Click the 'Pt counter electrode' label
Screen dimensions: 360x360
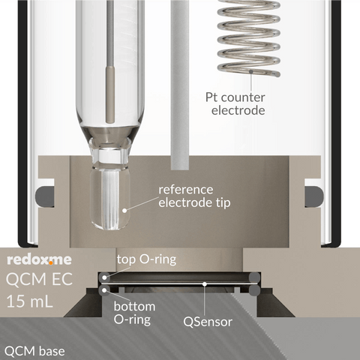coord(235,104)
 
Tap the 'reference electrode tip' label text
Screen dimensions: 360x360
coord(194,196)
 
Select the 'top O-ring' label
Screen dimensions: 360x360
coord(146,259)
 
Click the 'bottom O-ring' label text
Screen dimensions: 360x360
coord(134,313)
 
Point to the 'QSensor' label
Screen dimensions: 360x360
coord(208,322)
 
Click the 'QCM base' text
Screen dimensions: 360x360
coord(34,351)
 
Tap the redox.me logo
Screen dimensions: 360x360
coord(39,259)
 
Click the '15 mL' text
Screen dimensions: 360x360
coord(29,301)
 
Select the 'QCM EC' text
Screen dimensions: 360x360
coord(39,279)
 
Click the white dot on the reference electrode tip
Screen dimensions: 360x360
coord(124,211)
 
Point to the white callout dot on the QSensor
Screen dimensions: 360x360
coord(205,283)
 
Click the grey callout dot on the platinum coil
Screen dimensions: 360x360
coord(251,71)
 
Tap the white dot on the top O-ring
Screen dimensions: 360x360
coord(104,277)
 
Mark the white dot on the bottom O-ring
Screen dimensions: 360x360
coord(104,289)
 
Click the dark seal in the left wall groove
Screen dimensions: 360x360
coord(44,196)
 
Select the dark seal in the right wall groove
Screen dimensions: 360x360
coord(314,196)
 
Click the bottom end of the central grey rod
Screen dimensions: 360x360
coord(180,169)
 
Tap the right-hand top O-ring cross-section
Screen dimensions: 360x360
coord(254,277)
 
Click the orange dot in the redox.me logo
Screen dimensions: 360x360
coord(51,262)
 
